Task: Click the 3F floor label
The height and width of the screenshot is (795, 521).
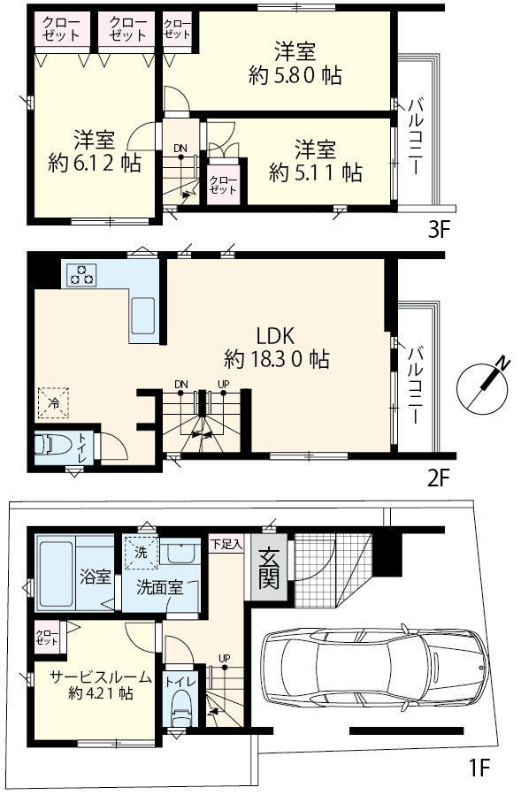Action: pyautogui.click(x=439, y=231)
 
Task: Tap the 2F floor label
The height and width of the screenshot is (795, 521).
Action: pyautogui.click(x=439, y=478)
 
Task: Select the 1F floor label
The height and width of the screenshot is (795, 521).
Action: pyautogui.click(x=478, y=768)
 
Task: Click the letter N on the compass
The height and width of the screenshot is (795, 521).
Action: pyautogui.click(x=502, y=363)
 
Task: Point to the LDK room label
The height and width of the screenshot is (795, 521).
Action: pyautogui.click(x=275, y=336)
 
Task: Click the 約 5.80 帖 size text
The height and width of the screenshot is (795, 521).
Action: pyautogui.click(x=295, y=76)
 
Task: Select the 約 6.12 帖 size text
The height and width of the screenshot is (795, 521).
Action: pyautogui.click(x=95, y=164)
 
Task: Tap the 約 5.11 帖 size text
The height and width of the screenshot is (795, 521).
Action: pyautogui.click(x=315, y=173)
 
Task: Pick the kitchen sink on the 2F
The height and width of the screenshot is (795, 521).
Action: pyautogui.click(x=143, y=316)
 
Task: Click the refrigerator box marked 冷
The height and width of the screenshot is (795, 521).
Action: pyautogui.click(x=53, y=403)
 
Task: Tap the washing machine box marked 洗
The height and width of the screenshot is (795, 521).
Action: pyautogui.click(x=141, y=552)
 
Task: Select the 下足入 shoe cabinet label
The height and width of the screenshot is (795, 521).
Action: pyautogui.click(x=226, y=545)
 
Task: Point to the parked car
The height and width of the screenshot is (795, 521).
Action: pyautogui.click(x=373, y=669)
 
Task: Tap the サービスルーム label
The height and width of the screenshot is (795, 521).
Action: pyautogui.click(x=101, y=677)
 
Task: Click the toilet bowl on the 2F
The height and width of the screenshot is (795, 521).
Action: pyautogui.click(x=48, y=446)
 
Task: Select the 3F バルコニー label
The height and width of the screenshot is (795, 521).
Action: pyautogui.click(x=415, y=138)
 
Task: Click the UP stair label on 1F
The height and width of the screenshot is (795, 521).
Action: pyautogui.click(x=224, y=658)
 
